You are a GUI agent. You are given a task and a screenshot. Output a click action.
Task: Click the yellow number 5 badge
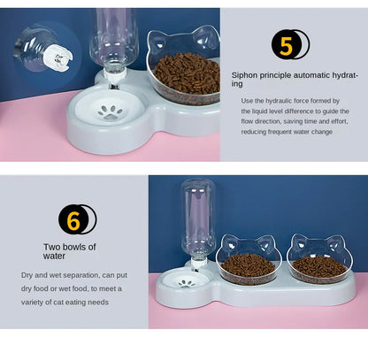point(287,44)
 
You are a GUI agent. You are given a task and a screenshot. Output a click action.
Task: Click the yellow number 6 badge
point(74,218)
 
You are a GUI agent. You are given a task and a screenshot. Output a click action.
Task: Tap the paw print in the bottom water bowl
point(186,282)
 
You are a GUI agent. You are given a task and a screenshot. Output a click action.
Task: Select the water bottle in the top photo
point(115,40)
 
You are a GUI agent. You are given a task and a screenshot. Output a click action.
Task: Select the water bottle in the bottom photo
point(197,217)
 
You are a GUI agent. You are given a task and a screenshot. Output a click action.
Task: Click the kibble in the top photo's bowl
point(186,73)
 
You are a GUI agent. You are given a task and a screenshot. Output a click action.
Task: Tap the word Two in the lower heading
point(52,246)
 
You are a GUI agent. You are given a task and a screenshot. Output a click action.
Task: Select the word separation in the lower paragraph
point(90,275)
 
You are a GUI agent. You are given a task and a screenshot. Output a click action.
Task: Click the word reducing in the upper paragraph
point(257,132)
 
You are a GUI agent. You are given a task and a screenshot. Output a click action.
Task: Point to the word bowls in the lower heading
point(77,246)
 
